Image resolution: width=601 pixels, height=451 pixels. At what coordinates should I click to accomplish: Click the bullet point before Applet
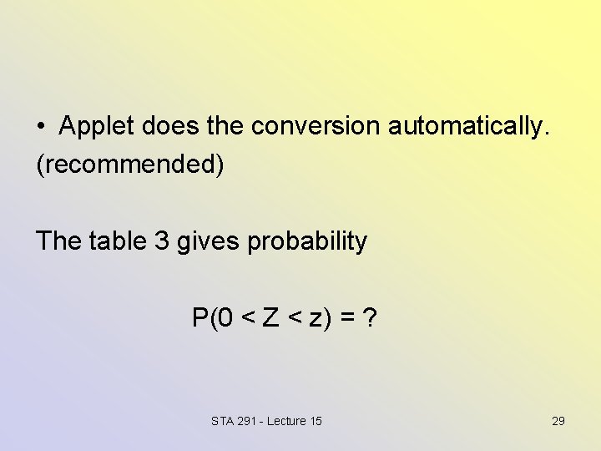click(41, 127)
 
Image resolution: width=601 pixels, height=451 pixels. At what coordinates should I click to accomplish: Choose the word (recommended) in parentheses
click(130, 165)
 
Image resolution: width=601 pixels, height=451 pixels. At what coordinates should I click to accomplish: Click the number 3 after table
click(162, 241)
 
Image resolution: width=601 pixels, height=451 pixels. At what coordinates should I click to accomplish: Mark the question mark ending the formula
click(369, 317)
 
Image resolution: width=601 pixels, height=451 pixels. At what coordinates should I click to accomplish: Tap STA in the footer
click(224, 421)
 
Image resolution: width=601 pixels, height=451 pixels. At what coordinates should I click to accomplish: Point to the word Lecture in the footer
click(288, 421)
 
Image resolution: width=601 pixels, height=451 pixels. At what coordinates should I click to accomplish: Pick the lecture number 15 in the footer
click(316, 421)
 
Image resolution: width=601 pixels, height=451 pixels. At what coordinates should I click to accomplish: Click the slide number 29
click(558, 421)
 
